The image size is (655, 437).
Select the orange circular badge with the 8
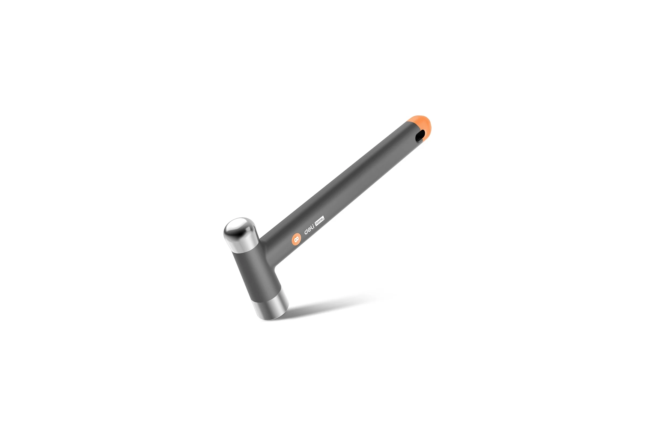point(296,239)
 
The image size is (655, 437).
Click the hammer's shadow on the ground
point(334,304)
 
